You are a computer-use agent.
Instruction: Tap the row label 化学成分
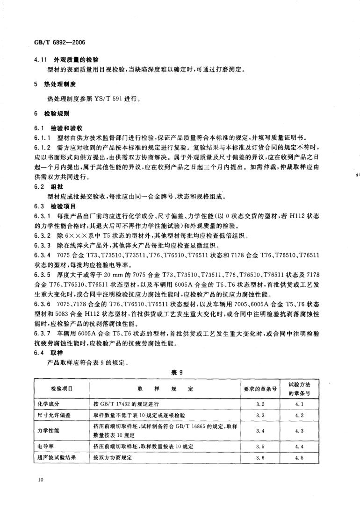pos(47,403)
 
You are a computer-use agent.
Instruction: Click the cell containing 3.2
pos(261,403)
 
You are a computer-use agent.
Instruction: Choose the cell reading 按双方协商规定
pos(113,458)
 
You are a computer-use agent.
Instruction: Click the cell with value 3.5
pos(261,447)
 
